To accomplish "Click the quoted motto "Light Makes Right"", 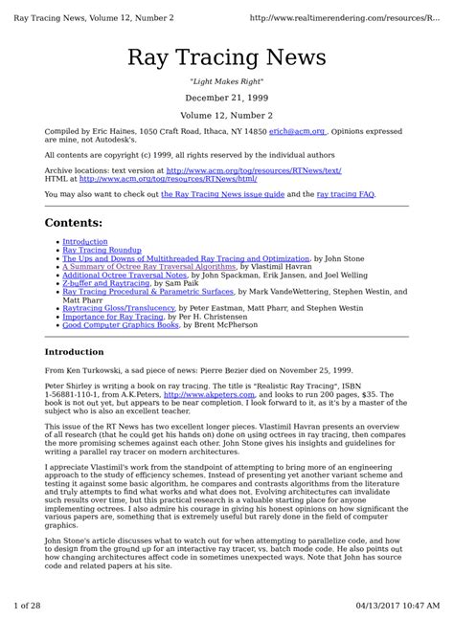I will [227, 82].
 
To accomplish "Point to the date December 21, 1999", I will [227, 98].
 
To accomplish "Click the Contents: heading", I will [77, 223].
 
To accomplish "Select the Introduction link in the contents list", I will [85, 242].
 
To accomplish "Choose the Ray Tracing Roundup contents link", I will [102, 251].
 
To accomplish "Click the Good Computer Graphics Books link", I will [121, 326].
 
